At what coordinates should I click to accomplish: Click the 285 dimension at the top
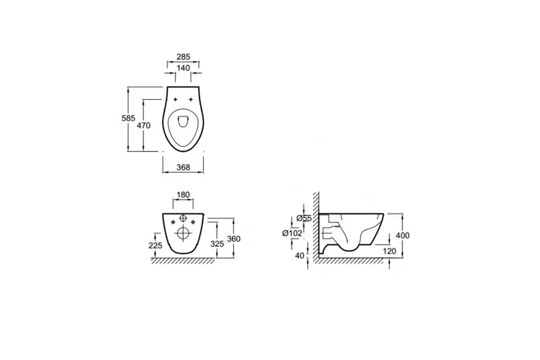click(183, 56)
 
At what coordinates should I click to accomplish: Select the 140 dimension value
click(183, 68)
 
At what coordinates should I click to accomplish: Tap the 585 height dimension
click(128, 118)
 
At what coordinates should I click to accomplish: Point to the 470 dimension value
click(144, 126)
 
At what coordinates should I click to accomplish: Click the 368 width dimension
click(183, 168)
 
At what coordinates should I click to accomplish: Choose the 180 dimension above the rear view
click(183, 195)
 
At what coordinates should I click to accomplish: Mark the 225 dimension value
click(156, 246)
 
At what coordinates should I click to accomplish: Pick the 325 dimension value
click(217, 244)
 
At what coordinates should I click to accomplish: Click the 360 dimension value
click(234, 239)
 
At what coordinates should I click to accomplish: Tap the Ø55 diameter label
click(304, 218)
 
